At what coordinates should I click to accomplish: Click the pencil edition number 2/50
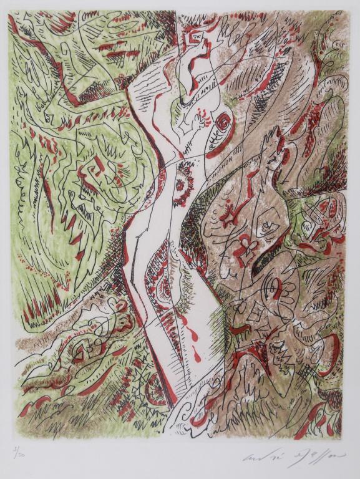coord(19,450)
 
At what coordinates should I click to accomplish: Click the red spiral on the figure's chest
coord(222,122)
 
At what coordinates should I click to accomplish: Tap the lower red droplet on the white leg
coord(198,357)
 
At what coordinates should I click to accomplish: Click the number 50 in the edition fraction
coord(23,452)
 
